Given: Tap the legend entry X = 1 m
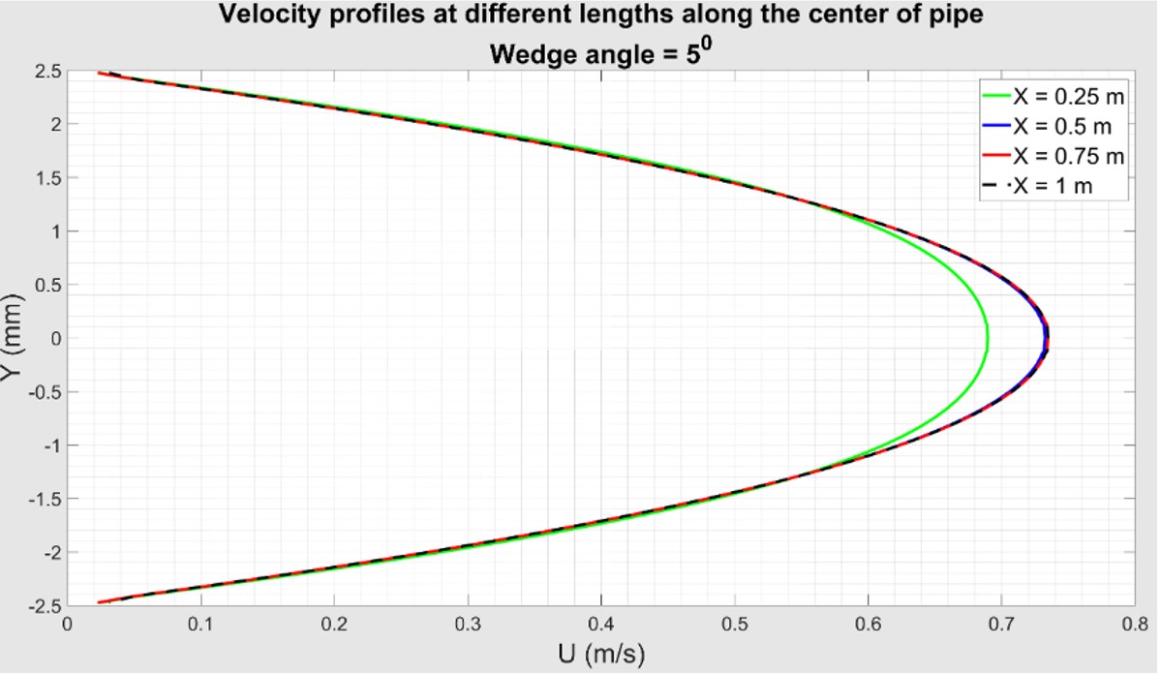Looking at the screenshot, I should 1053,186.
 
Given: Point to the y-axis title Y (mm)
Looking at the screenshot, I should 14,339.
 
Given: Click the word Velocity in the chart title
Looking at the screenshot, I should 260,15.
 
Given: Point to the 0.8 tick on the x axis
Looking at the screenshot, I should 1135,624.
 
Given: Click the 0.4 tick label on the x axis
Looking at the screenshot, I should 600,624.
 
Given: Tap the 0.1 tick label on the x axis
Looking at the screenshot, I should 200,624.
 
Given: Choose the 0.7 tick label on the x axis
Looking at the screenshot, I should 1001,624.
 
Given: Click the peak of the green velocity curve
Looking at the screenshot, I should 987,339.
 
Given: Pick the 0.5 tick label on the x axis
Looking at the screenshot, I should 734,624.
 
